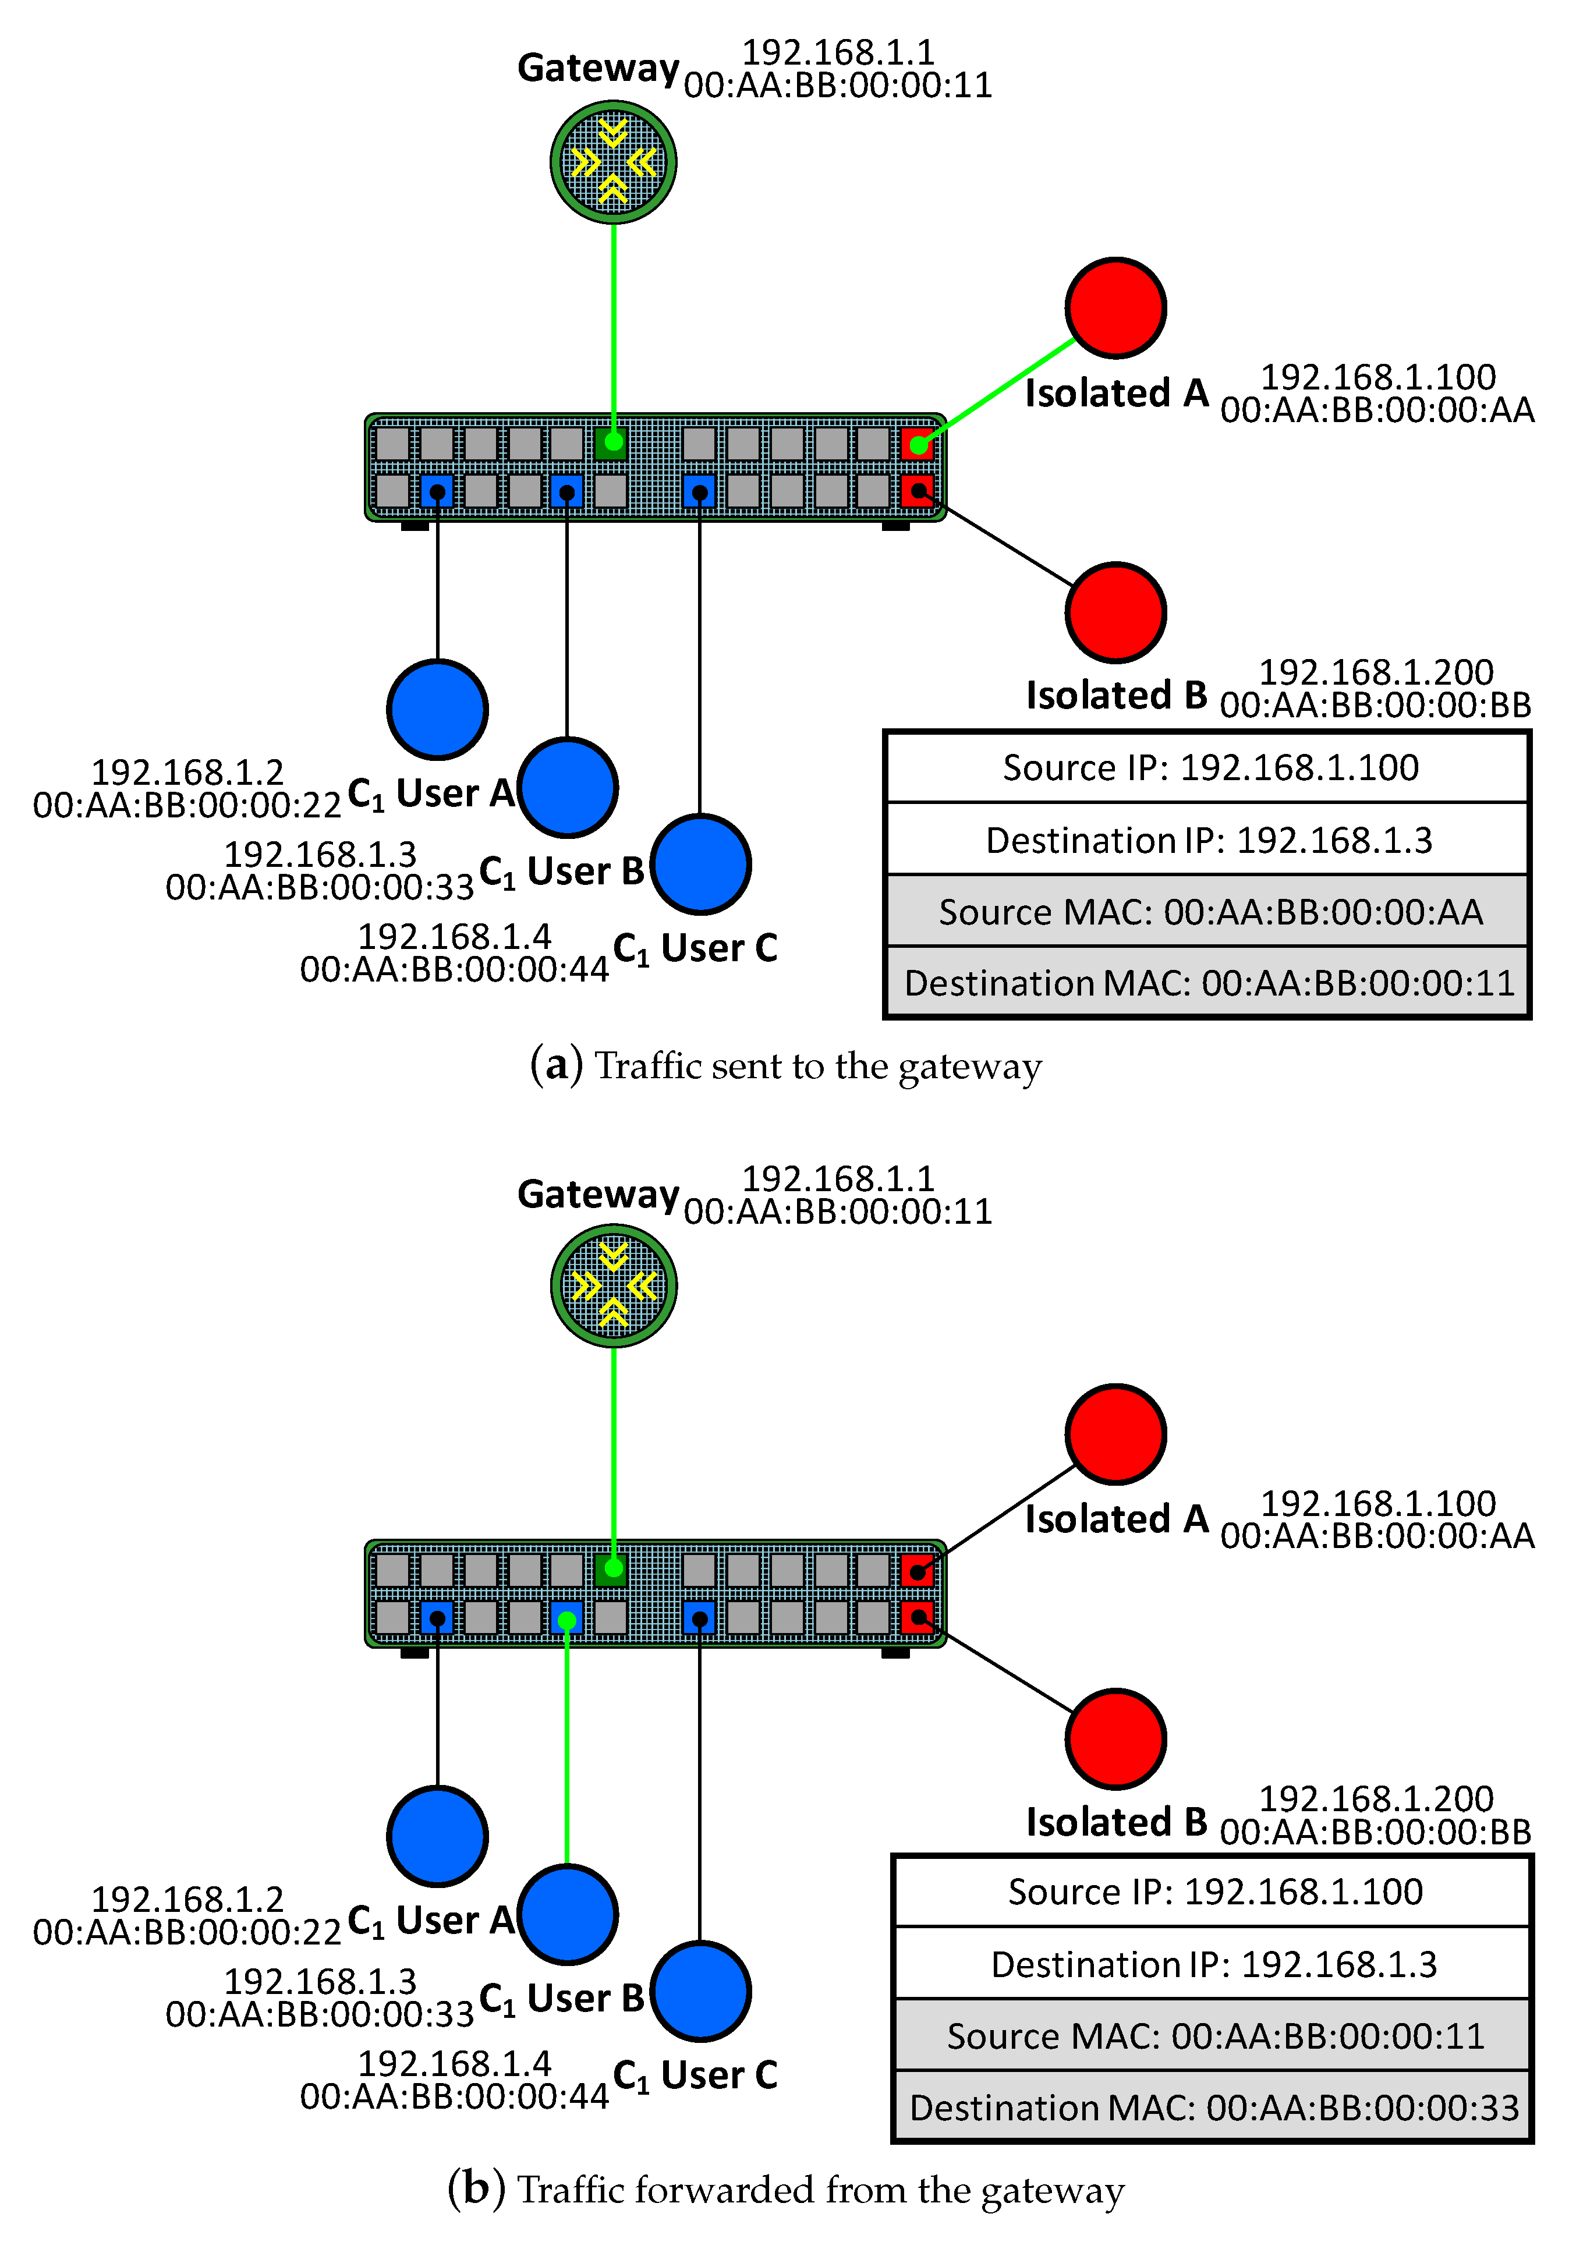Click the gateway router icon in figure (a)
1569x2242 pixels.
[613, 162]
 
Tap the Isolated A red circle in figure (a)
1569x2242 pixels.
[1115, 307]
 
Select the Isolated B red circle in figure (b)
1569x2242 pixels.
[1115, 1739]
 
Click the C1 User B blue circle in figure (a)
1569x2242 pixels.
[567, 787]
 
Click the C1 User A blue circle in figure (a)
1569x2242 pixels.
[437, 709]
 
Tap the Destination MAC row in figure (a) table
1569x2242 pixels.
[1207, 982]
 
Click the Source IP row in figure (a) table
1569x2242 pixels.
[1207, 767]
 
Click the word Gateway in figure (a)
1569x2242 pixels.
[597, 68]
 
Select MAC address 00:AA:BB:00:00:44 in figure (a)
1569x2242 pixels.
[454, 970]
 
